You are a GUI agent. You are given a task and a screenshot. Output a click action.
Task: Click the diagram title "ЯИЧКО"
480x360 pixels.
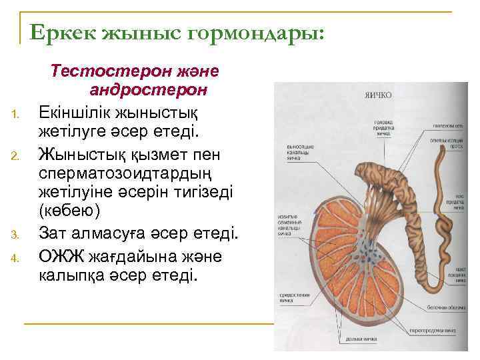pyautogui.click(x=377, y=95)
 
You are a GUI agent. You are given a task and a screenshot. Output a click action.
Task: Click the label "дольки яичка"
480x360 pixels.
pyautogui.click(x=361, y=339)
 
